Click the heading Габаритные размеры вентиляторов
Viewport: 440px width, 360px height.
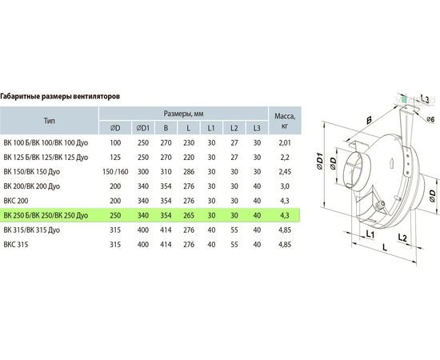pos(60,97)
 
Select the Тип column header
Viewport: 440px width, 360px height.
pos(50,121)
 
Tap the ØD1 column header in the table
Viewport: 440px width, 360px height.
pos(143,128)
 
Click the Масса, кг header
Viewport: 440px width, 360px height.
pos(285,121)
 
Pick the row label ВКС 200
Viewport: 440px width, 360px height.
pos(16,201)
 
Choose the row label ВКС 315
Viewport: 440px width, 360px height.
pos(16,245)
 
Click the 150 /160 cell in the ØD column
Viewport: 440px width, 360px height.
pos(115,172)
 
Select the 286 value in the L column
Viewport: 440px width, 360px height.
pos(189,172)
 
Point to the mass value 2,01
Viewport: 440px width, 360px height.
pos(285,143)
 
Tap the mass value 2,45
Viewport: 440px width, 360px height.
pos(285,172)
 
